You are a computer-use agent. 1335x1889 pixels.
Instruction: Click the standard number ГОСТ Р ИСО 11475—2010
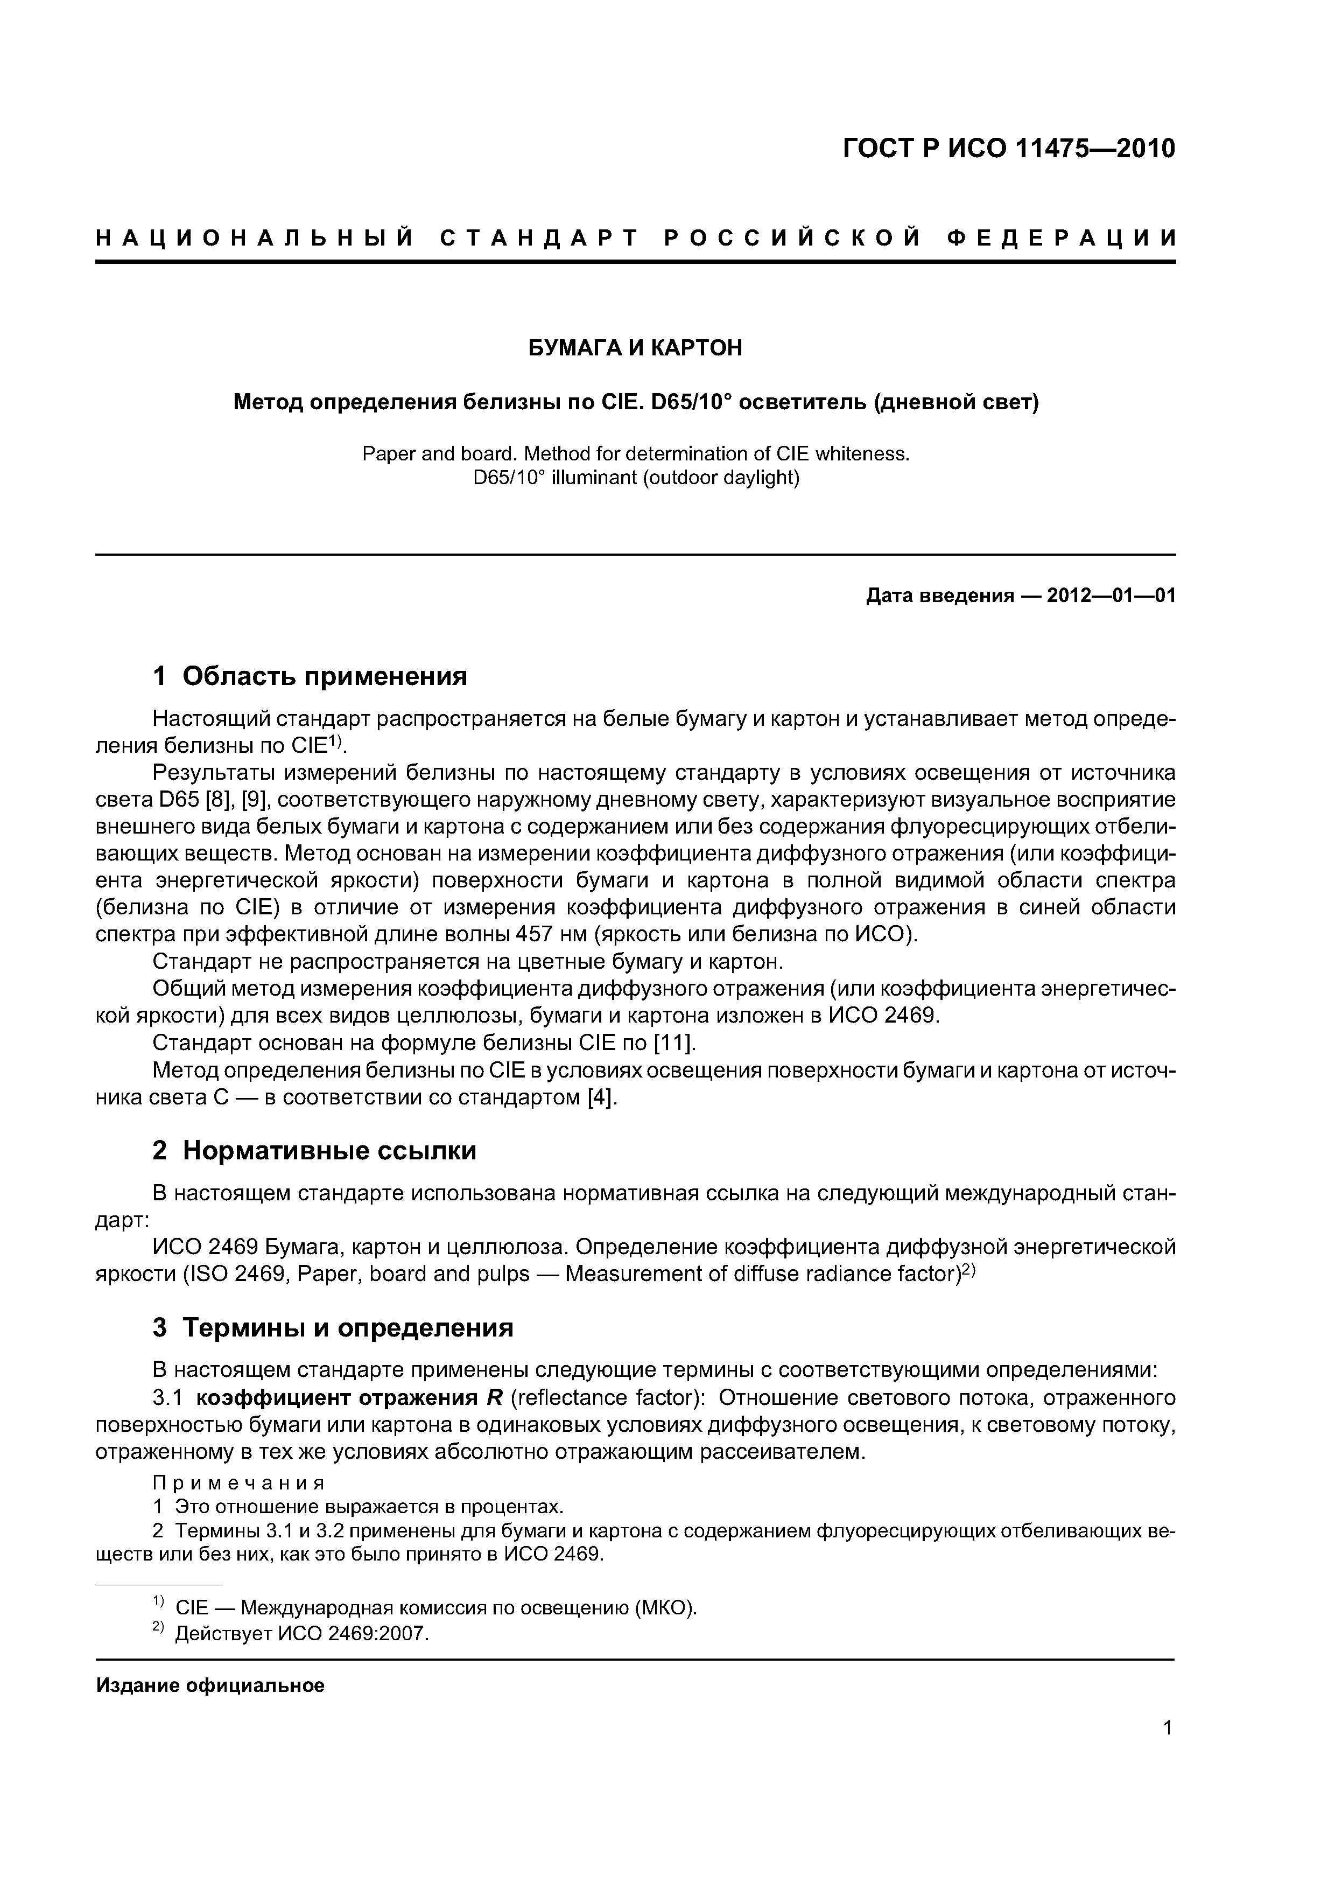tap(1009, 149)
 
